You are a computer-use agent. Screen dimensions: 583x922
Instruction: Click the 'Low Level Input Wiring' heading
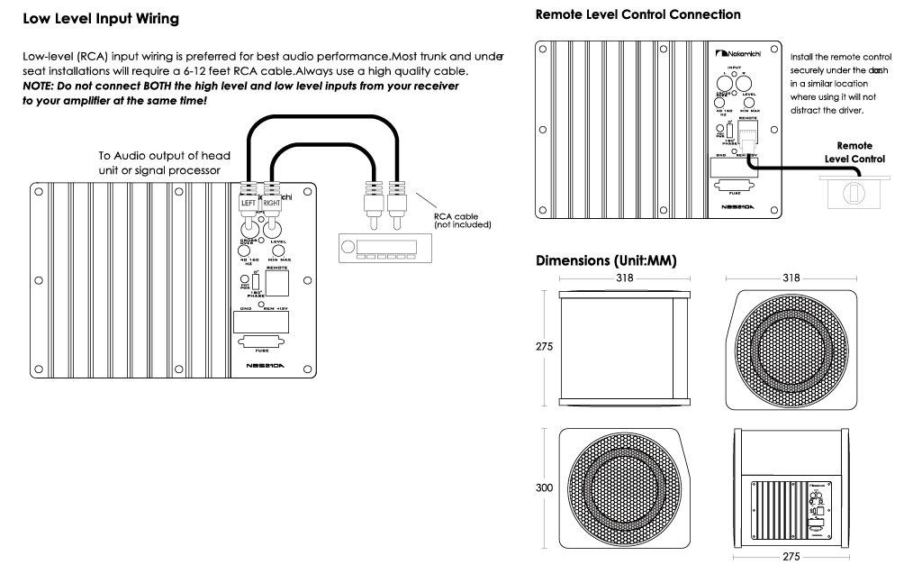(100, 19)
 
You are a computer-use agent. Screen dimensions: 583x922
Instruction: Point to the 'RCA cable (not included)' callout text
(461, 219)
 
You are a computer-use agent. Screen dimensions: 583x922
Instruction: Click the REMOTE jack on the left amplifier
(277, 283)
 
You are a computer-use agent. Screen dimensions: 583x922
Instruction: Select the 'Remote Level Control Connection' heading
(637, 14)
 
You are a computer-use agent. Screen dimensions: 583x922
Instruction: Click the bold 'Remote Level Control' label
(854, 151)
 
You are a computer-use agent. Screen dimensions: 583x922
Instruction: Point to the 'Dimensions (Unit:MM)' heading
(606, 260)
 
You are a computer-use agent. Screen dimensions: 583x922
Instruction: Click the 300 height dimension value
(545, 487)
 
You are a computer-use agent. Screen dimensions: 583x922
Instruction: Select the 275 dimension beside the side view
(545, 346)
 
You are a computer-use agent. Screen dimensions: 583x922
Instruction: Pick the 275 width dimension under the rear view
(791, 557)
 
